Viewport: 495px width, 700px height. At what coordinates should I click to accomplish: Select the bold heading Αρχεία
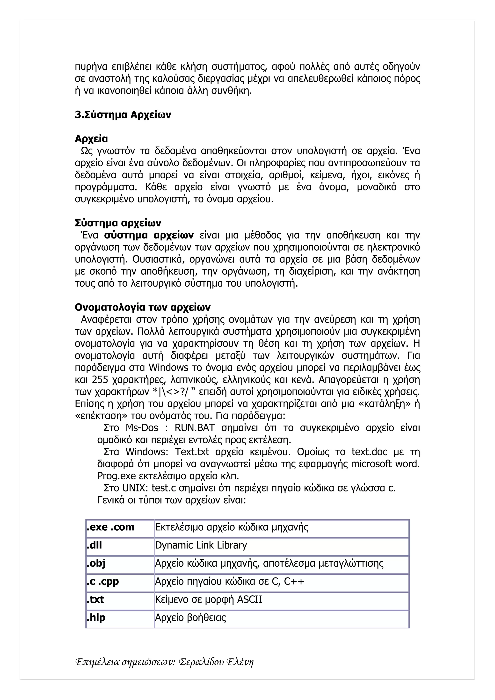coord(91,139)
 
